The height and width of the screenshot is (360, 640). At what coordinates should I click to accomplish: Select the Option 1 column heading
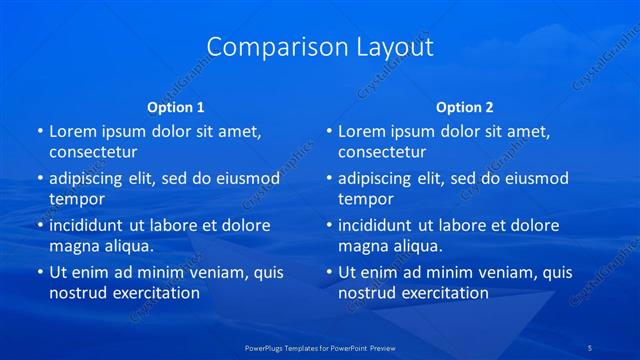(x=176, y=107)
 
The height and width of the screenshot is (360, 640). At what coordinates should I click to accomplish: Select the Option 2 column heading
(x=465, y=107)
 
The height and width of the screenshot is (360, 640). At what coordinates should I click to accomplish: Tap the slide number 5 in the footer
(x=591, y=346)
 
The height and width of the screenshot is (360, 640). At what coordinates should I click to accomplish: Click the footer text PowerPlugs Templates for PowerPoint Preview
(x=319, y=346)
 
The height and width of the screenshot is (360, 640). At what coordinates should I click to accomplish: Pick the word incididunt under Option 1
(x=89, y=225)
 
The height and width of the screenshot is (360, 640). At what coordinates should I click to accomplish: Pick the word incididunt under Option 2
(x=378, y=225)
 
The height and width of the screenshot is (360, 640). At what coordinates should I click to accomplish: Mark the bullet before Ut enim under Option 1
(x=39, y=272)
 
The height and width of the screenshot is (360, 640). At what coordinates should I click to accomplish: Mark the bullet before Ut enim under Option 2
(x=328, y=272)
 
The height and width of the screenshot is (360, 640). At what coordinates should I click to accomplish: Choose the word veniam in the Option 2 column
(x=491, y=272)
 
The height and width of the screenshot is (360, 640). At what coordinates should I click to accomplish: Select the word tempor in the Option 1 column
(x=76, y=199)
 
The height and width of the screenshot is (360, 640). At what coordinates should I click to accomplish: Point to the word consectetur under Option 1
(x=93, y=152)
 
